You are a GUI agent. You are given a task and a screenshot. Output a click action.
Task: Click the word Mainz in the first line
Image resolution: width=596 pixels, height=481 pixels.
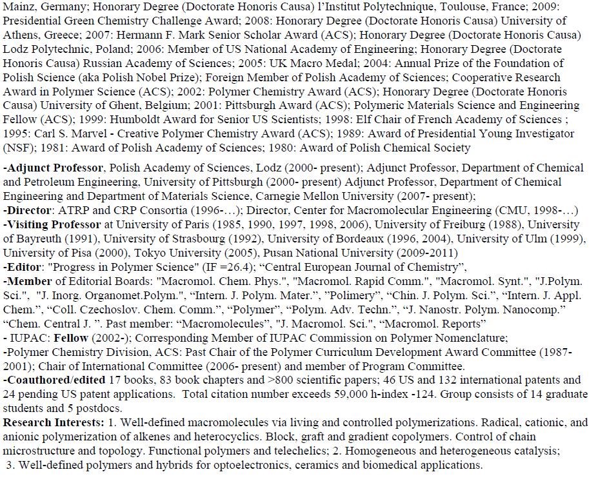(x=18, y=7)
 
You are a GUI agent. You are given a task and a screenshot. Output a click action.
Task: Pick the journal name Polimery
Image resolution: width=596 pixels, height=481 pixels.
(x=353, y=296)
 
